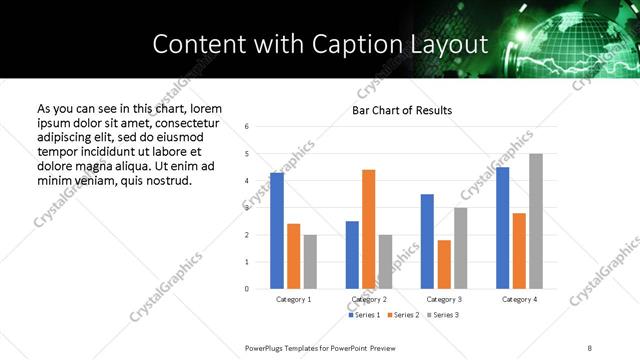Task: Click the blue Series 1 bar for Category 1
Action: coord(277,231)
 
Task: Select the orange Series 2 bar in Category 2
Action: coord(368,229)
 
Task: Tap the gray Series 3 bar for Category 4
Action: coord(536,221)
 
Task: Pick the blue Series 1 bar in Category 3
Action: coord(427,241)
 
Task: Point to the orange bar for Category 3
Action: coord(444,264)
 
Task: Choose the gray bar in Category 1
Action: coord(310,262)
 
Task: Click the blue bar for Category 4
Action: coord(502,228)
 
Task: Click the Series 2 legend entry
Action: coord(403,315)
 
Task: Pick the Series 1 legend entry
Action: coord(363,315)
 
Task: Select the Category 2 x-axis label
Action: coord(369,299)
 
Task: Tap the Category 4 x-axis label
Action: coord(519,299)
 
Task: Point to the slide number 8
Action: coord(589,347)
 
